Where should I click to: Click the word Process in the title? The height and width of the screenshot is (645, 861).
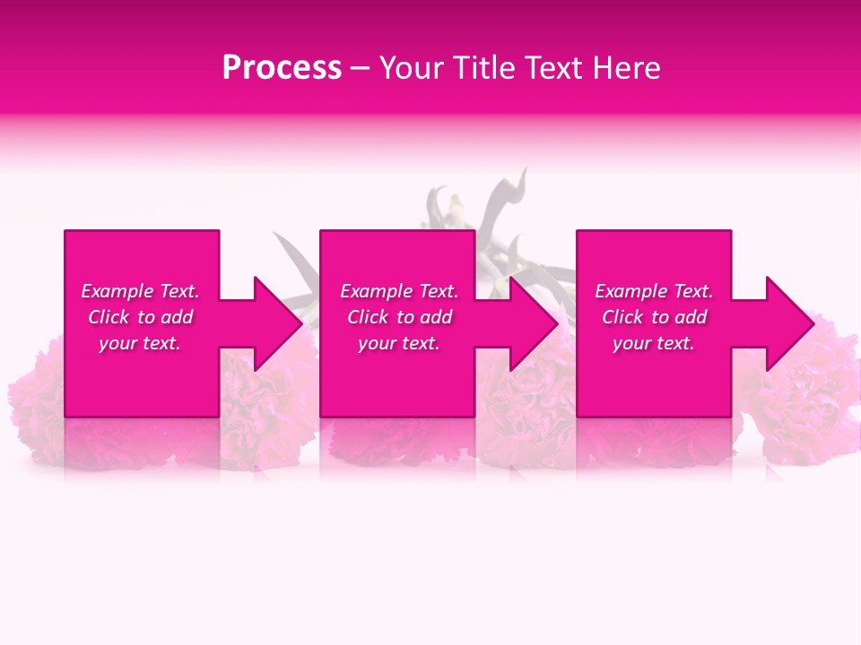point(282,68)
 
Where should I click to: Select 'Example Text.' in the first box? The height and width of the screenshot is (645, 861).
point(140,291)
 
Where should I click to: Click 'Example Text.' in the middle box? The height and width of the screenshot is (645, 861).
point(399,291)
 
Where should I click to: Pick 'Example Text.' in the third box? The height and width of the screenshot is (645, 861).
point(654,291)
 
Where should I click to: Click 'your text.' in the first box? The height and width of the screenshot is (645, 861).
point(140,343)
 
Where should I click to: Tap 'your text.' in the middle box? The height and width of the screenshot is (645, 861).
point(399,343)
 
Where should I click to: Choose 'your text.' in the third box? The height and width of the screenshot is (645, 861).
point(654,343)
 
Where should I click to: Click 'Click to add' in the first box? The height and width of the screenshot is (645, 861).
point(140,317)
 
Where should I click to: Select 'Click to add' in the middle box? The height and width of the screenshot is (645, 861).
point(399,317)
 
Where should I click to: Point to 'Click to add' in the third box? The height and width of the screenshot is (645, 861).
point(654,317)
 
